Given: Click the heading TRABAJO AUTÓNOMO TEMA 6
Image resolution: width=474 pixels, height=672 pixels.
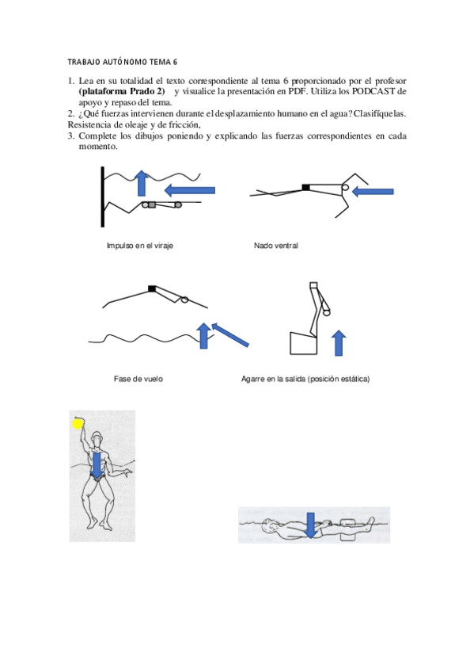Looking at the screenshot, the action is point(123,62).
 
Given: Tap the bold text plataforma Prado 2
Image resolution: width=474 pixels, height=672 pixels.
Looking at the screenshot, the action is point(122,91).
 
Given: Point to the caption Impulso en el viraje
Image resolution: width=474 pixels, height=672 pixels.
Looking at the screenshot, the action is point(140,246).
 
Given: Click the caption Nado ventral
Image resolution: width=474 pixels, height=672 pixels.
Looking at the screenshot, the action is point(276,246).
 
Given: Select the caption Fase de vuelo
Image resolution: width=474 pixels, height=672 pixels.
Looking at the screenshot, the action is point(138,379).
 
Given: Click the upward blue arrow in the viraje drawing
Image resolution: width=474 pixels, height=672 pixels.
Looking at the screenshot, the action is point(142,183).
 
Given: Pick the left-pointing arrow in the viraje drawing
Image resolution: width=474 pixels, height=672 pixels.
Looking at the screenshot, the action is point(189,190).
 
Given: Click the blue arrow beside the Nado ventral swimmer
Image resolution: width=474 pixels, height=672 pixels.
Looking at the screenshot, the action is point(372,192).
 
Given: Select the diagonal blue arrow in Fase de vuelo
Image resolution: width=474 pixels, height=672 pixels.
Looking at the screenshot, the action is point(229,334).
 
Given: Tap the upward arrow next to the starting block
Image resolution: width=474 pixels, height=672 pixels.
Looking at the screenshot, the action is point(339,343).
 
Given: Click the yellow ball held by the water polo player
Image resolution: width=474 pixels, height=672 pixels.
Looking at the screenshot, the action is point(78,424).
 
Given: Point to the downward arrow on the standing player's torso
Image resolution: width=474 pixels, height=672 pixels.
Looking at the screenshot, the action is point(97,466).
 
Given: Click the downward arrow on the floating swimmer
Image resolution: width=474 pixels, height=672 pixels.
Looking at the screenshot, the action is point(310,525).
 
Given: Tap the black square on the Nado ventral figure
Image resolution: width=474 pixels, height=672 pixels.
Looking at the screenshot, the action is point(306,187).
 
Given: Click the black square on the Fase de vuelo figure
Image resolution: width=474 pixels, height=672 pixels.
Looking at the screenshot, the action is point(152,288).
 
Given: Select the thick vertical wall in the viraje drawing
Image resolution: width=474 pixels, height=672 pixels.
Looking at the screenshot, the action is point(103,197).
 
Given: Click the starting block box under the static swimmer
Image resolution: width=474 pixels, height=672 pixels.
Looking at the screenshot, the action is point(303,343).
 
